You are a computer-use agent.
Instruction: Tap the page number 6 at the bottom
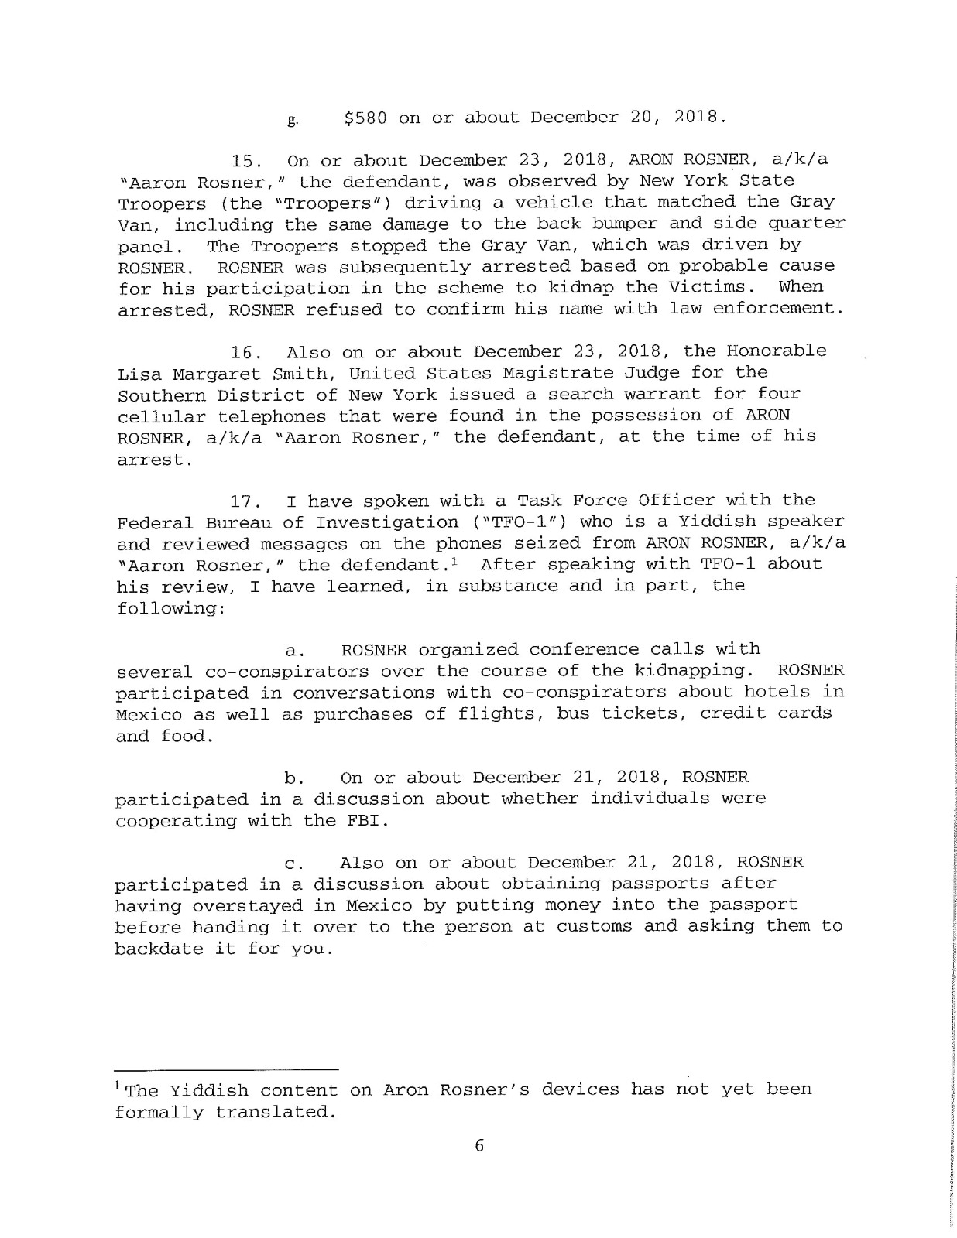pos(478,1146)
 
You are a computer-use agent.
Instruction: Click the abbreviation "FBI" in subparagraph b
pos(364,820)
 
